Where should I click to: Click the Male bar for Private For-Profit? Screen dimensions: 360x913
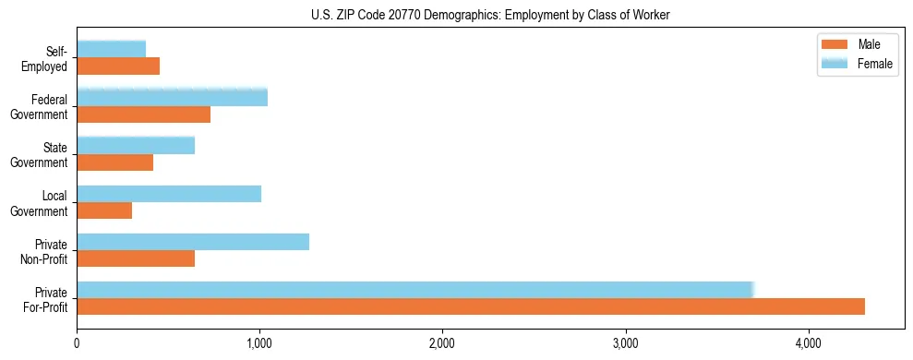click(471, 306)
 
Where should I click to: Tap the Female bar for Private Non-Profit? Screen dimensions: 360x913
click(193, 242)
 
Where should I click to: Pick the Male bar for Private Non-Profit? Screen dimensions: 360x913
click(136, 258)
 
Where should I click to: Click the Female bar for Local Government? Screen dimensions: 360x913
click(169, 194)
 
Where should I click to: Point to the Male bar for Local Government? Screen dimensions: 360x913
click(104, 210)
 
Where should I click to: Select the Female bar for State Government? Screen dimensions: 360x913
click(136, 145)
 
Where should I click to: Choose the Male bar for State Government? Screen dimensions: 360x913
click(115, 162)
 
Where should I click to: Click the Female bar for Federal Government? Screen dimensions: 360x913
click(173, 97)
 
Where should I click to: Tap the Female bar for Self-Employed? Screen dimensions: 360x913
click(112, 49)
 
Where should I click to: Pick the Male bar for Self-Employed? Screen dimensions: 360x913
click(118, 66)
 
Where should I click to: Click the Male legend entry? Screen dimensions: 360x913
click(858, 45)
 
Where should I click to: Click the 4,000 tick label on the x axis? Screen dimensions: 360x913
click(809, 343)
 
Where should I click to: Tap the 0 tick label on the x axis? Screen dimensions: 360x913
click(78, 343)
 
